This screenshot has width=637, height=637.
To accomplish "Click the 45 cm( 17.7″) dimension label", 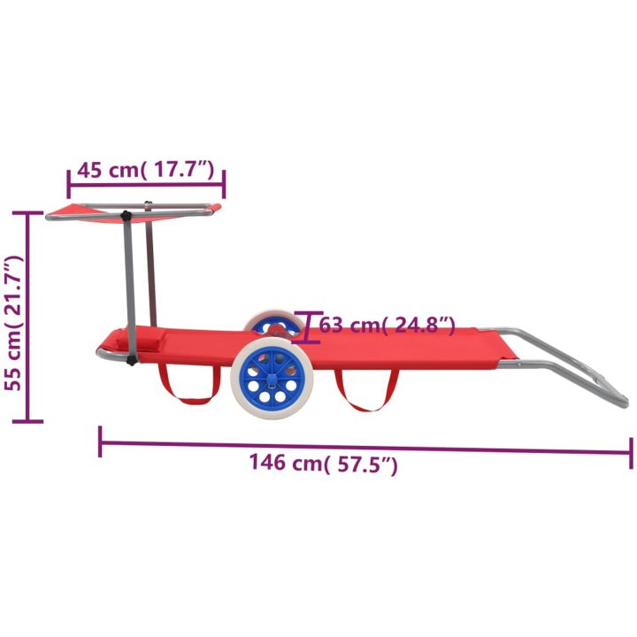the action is tap(145, 170).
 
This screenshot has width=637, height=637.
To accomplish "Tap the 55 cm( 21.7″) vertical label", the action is tap(13, 323).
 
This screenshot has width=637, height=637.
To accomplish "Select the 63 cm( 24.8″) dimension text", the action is tap(388, 325).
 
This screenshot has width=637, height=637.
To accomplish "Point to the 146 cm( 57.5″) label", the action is tap(323, 463).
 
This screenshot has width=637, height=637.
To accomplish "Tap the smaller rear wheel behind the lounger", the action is tap(273, 323).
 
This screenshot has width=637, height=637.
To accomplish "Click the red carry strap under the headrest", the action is tap(188, 384).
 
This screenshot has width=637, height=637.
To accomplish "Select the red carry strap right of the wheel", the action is tap(365, 390).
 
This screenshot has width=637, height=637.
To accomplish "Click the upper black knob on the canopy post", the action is tap(127, 216).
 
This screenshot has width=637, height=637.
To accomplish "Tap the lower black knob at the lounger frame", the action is tap(131, 360).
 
